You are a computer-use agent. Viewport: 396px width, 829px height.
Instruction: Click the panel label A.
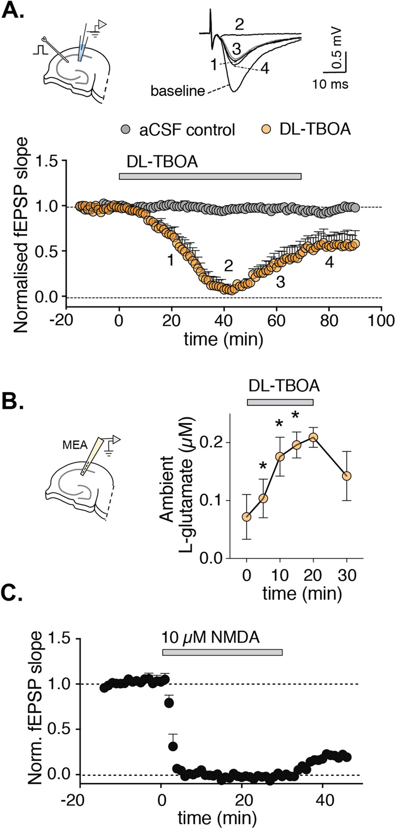coord(14,11)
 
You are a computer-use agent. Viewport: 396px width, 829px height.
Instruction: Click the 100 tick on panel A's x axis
coord(381,320)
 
